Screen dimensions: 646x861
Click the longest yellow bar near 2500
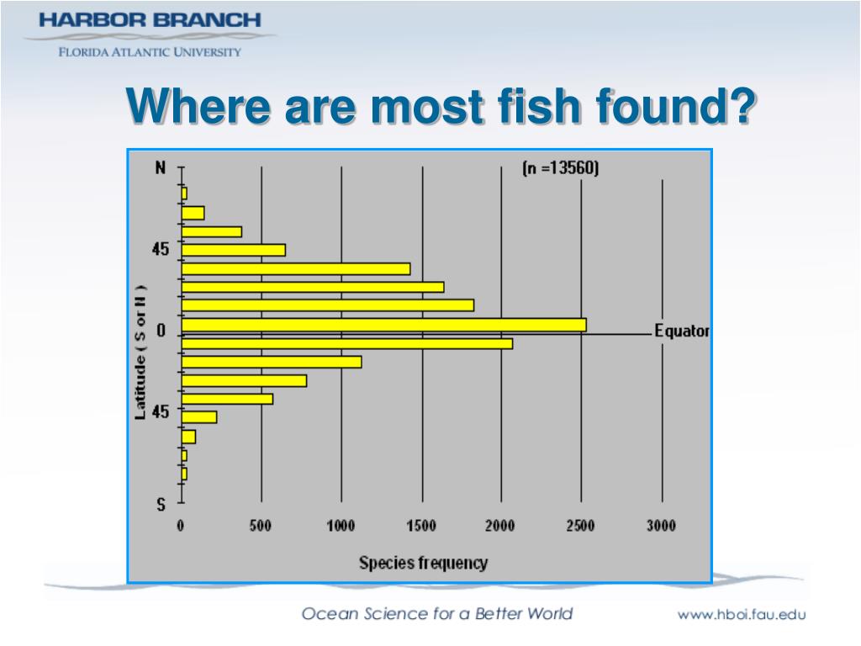pos(383,325)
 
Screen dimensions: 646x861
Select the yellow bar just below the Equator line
pos(346,343)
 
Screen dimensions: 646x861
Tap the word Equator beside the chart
pos(682,331)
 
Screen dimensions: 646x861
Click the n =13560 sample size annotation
pos(560,168)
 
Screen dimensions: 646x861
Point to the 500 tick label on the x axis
pos(261,527)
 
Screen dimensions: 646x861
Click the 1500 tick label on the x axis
pos(421,527)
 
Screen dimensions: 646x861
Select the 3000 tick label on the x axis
pos(661,527)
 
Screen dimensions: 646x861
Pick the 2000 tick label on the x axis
pos(501,527)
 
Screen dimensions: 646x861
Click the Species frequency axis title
pos(423,563)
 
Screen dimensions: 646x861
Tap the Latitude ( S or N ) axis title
pos(141,354)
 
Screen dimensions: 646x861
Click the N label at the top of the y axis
pos(161,167)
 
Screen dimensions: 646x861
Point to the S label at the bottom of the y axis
pos(161,505)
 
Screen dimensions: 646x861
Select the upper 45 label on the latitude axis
pos(160,250)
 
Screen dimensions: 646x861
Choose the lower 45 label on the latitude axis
pos(160,412)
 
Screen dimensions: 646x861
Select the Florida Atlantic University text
pos(149,52)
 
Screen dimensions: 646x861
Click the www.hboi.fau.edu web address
pos(742,615)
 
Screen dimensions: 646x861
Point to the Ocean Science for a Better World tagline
pos(437,614)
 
